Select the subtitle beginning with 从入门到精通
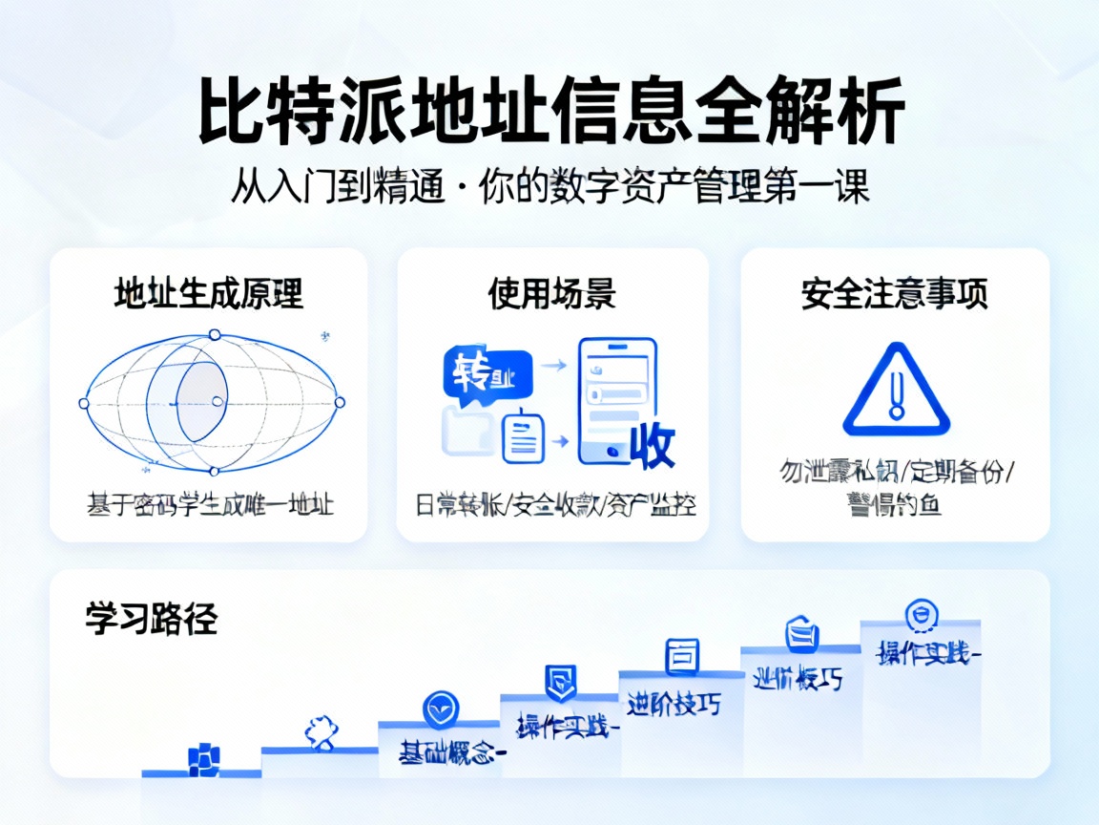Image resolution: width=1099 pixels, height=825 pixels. (x=550, y=187)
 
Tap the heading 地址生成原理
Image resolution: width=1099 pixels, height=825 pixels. (x=209, y=293)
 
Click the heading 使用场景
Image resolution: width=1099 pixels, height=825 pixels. (x=552, y=293)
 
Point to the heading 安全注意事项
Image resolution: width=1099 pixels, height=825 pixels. (x=895, y=293)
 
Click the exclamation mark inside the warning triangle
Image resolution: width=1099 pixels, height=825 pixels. (x=896, y=395)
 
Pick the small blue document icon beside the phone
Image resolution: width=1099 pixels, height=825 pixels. (x=521, y=437)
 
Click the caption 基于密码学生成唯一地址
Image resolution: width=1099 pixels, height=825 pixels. (x=210, y=504)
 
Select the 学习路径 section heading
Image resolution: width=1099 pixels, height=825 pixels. (x=152, y=619)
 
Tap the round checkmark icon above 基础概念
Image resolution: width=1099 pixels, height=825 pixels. (x=440, y=709)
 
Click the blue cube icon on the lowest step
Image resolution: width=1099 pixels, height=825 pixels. (x=203, y=757)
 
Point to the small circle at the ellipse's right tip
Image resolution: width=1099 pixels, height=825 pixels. (x=340, y=402)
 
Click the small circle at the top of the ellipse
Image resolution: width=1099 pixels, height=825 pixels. (x=215, y=334)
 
